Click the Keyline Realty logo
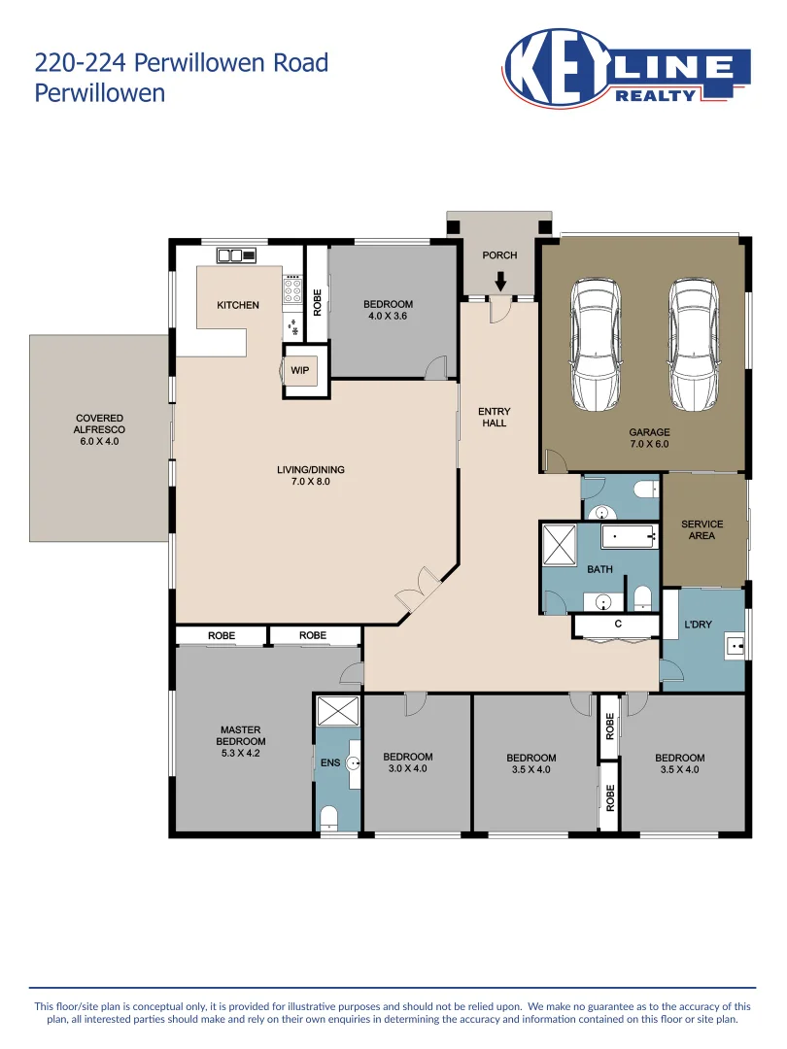[x=627, y=68]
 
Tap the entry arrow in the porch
[x=500, y=282]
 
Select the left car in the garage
[x=596, y=345]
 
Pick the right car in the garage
[x=695, y=345]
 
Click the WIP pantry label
[x=300, y=371]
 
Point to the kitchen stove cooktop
[x=292, y=291]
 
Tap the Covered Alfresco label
[x=99, y=429]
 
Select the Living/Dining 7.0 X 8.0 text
[x=311, y=475]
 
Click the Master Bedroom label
[x=240, y=741]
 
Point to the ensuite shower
[x=338, y=710]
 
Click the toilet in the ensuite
[x=328, y=818]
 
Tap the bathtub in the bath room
[x=629, y=536]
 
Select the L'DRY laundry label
[x=698, y=625]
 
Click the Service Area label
[x=702, y=530]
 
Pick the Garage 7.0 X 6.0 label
[x=649, y=438]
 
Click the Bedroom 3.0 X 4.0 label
[x=407, y=762]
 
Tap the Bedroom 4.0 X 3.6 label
[x=388, y=310]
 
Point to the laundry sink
[x=735, y=646]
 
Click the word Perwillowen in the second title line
[x=100, y=92]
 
